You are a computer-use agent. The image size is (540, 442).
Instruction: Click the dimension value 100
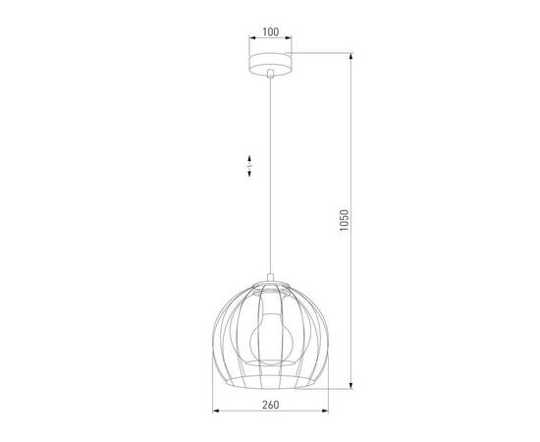[x=271, y=31]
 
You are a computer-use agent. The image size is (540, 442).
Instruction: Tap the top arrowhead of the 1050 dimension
[x=352, y=55]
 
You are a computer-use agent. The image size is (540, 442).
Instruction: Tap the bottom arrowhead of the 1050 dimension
[x=352, y=386]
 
